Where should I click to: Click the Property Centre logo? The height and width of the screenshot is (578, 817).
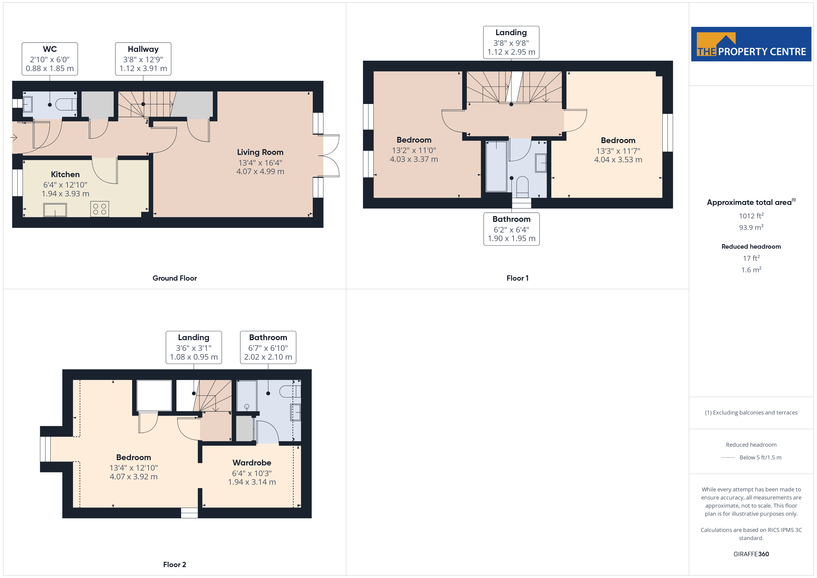(x=751, y=44)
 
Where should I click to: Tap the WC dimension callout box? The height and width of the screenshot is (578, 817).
(x=50, y=59)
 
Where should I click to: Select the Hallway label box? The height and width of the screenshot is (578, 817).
(x=143, y=59)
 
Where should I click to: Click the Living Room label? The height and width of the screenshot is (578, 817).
(x=260, y=152)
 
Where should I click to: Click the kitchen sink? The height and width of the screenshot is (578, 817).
(x=55, y=210)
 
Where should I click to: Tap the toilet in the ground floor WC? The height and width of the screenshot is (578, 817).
(x=66, y=104)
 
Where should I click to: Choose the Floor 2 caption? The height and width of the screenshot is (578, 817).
(x=174, y=565)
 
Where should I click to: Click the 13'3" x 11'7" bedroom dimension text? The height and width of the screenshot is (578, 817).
(x=618, y=151)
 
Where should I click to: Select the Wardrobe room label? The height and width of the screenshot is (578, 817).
(x=252, y=463)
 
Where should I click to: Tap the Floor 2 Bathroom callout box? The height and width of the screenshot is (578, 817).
(x=268, y=347)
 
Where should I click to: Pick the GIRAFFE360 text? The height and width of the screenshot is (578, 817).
(x=751, y=554)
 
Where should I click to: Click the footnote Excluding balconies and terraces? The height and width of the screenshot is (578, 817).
(x=751, y=412)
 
